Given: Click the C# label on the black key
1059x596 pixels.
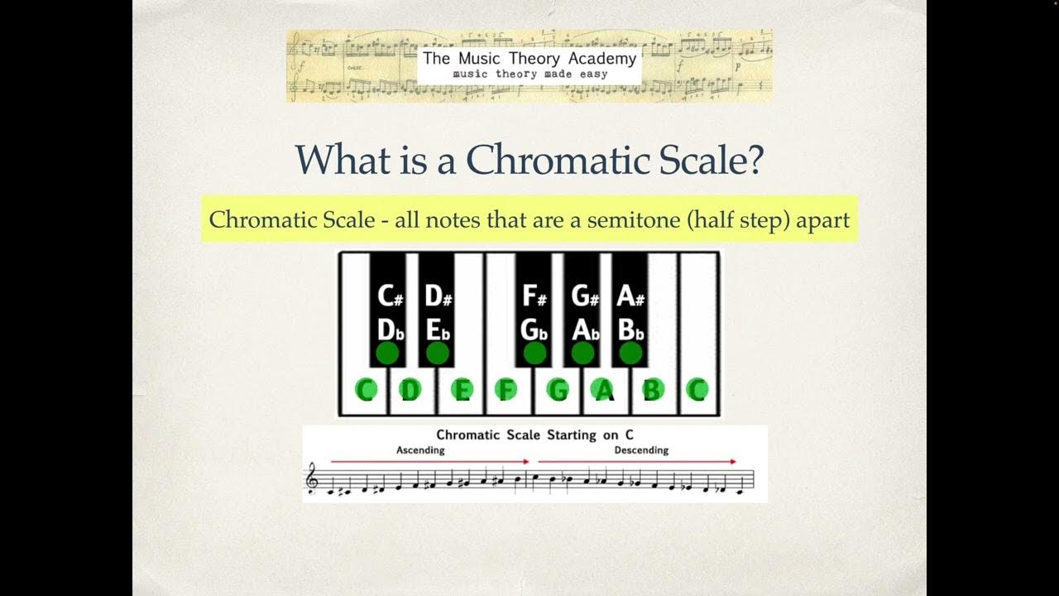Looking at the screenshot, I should point(390,296).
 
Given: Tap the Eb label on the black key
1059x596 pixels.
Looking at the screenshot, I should point(438,329).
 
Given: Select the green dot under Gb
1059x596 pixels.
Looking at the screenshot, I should point(534,353).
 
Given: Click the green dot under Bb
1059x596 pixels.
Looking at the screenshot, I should point(630,353).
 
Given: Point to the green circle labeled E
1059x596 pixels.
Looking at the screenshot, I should point(462,389).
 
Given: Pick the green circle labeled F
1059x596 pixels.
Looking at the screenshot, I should point(506,389).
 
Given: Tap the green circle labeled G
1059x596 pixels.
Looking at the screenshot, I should point(558,389).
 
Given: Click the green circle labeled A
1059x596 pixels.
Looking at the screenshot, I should point(605,389).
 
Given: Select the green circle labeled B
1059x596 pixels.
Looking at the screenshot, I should point(654,389).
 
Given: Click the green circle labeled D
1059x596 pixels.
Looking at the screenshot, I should point(410,389).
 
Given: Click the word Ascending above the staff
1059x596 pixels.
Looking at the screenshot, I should point(420,450).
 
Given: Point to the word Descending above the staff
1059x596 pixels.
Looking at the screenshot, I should point(641,450).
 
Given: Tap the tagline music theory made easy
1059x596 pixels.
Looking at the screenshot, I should point(529,74).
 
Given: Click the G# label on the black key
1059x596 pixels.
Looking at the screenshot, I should point(584,296).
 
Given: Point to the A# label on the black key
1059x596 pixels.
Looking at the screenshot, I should point(630,296).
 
